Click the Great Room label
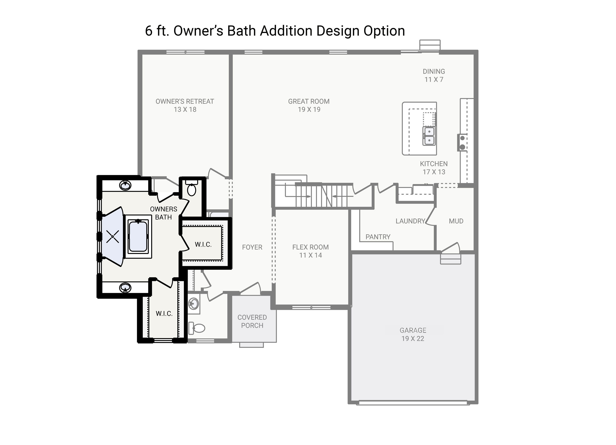pos(309,105)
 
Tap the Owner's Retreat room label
pos(185,105)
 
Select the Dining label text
pos(434,75)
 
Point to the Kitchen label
pos(434,168)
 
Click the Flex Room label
pos(310,251)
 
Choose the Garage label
pos(413,334)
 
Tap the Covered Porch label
pos(252,321)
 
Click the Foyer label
pos(252,247)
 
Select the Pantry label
pos(378,237)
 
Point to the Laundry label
pos(410,221)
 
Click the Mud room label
pos(456,221)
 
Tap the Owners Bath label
pos(164,213)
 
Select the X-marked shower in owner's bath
pos(112,236)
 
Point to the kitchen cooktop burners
pos(462,143)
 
